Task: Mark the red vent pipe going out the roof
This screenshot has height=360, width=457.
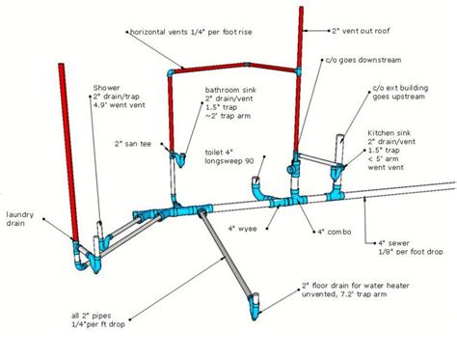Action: (x=301, y=68)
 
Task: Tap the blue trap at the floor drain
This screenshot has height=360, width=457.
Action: (x=255, y=307)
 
